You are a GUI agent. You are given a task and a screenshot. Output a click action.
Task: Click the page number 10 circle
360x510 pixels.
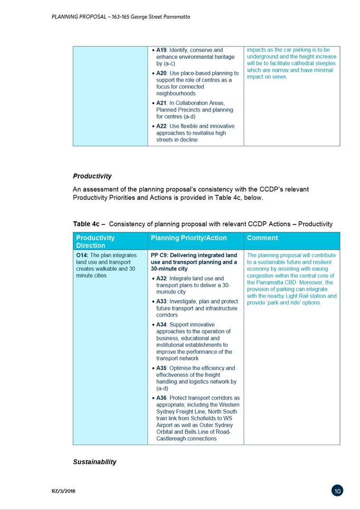(338, 490)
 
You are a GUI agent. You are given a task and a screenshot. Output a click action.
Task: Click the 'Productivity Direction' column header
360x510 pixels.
(96, 241)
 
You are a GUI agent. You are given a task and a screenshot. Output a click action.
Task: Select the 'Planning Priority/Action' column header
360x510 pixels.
(188, 238)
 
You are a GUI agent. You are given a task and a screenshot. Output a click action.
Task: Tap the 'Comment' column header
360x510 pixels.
(262, 238)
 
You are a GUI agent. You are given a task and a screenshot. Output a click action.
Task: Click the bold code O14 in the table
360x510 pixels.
(82, 255)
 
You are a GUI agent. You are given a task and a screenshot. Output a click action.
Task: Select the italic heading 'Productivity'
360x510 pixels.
(92, 176)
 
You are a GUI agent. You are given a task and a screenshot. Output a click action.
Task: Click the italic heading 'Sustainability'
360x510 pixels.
(94, 462)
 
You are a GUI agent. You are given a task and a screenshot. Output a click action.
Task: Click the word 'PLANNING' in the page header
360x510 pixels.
(65, 17)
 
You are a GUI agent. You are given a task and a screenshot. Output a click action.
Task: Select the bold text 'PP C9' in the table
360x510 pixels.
(159, 255)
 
